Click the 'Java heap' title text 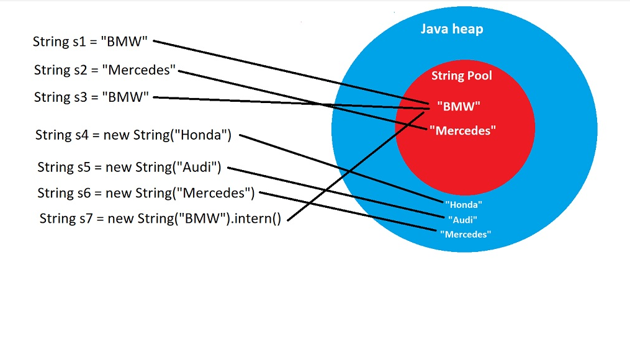(x=451, y=29)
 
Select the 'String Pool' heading (x=461, y=76)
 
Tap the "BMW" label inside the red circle (x=458, y=106)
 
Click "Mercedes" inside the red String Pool (x=462, y=130)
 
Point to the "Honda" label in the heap (x=464, y=204)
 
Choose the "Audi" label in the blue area (x=462, y=219)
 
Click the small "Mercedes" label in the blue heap (x=466, y=234)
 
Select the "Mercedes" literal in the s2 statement (x=140, y=70)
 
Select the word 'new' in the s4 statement (x=117, y=135)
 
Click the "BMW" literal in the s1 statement (x=128, y=42)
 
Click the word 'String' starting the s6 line (x=55, y=193)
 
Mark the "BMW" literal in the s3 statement (x=129, y=97)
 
